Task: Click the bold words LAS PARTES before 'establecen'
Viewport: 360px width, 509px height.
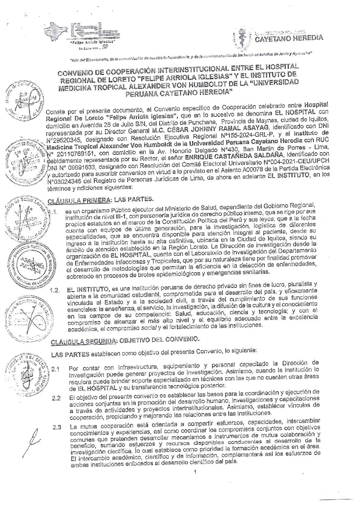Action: pyautogui.click(x=70, y=355)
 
